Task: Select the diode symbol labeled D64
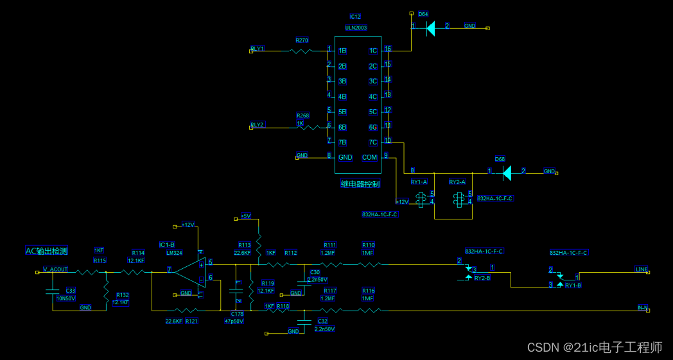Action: (x=430, y=28)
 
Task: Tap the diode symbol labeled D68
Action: (x=507, y=172)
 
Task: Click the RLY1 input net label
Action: (x=258, y=49)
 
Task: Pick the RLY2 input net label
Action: (x=258, y=124)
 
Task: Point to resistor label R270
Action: (x=302, y=40)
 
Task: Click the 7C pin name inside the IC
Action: (x=372, y=142)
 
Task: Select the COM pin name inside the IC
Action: (x=370, y=157)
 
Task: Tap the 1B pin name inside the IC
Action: (x=342, y=51)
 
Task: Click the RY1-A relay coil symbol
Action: (x=422, y=201)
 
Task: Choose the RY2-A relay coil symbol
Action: (x=459, y=201)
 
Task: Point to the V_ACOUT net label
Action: (x=55, y=270)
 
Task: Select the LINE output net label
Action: (x=642, y=269)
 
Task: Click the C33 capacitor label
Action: (x=71, y=291)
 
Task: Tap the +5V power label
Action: (x=245, y=216)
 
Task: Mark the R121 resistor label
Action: (x=191, y=321)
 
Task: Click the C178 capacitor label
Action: (x=236, y=314)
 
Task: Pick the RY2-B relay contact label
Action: (x=482, y=278)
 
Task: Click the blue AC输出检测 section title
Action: (x=46, y=251)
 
